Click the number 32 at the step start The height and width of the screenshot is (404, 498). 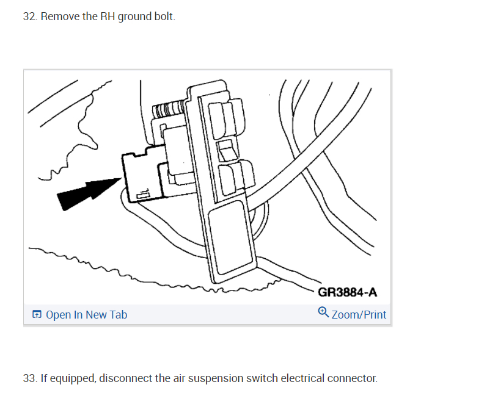(x=29, y=16)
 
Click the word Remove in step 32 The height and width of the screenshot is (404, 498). (x=59, y=16)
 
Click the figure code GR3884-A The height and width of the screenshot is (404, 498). (x=347, y=292)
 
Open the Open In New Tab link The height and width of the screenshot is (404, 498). (x=86, y=315)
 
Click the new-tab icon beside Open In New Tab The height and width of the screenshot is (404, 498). (x=37, y=315)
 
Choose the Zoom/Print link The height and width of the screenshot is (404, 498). (x=359, y=315)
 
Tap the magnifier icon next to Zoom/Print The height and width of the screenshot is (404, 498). (x=323, y=314)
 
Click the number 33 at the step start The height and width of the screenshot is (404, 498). (x=29, y=378)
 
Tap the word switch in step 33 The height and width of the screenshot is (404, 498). (x=261, y=378)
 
